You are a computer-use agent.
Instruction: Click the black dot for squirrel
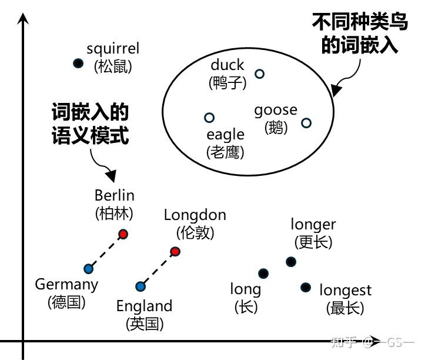(78, 63)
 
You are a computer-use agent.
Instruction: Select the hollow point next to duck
(259, 74)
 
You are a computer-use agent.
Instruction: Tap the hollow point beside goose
(306, 122)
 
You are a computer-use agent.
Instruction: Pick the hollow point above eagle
(209, 118)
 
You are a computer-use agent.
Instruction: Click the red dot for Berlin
(123, 234)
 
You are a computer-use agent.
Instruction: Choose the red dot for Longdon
(175, 252)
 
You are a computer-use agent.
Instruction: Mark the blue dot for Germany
(89, 269)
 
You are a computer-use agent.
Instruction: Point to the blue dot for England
(140, 286)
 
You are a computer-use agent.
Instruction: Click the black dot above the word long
(263, 273)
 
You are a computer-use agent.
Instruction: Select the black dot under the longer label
(290, 262)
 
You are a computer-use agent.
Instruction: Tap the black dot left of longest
(305, 287)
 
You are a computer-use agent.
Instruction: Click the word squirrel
(113, 49)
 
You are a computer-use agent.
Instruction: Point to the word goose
(276, 111)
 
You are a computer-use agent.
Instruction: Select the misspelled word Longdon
(195, 215)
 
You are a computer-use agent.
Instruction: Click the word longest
(345, 290)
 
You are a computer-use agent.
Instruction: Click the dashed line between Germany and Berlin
(106, 252)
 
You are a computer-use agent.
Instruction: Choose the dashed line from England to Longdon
(158, 269)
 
